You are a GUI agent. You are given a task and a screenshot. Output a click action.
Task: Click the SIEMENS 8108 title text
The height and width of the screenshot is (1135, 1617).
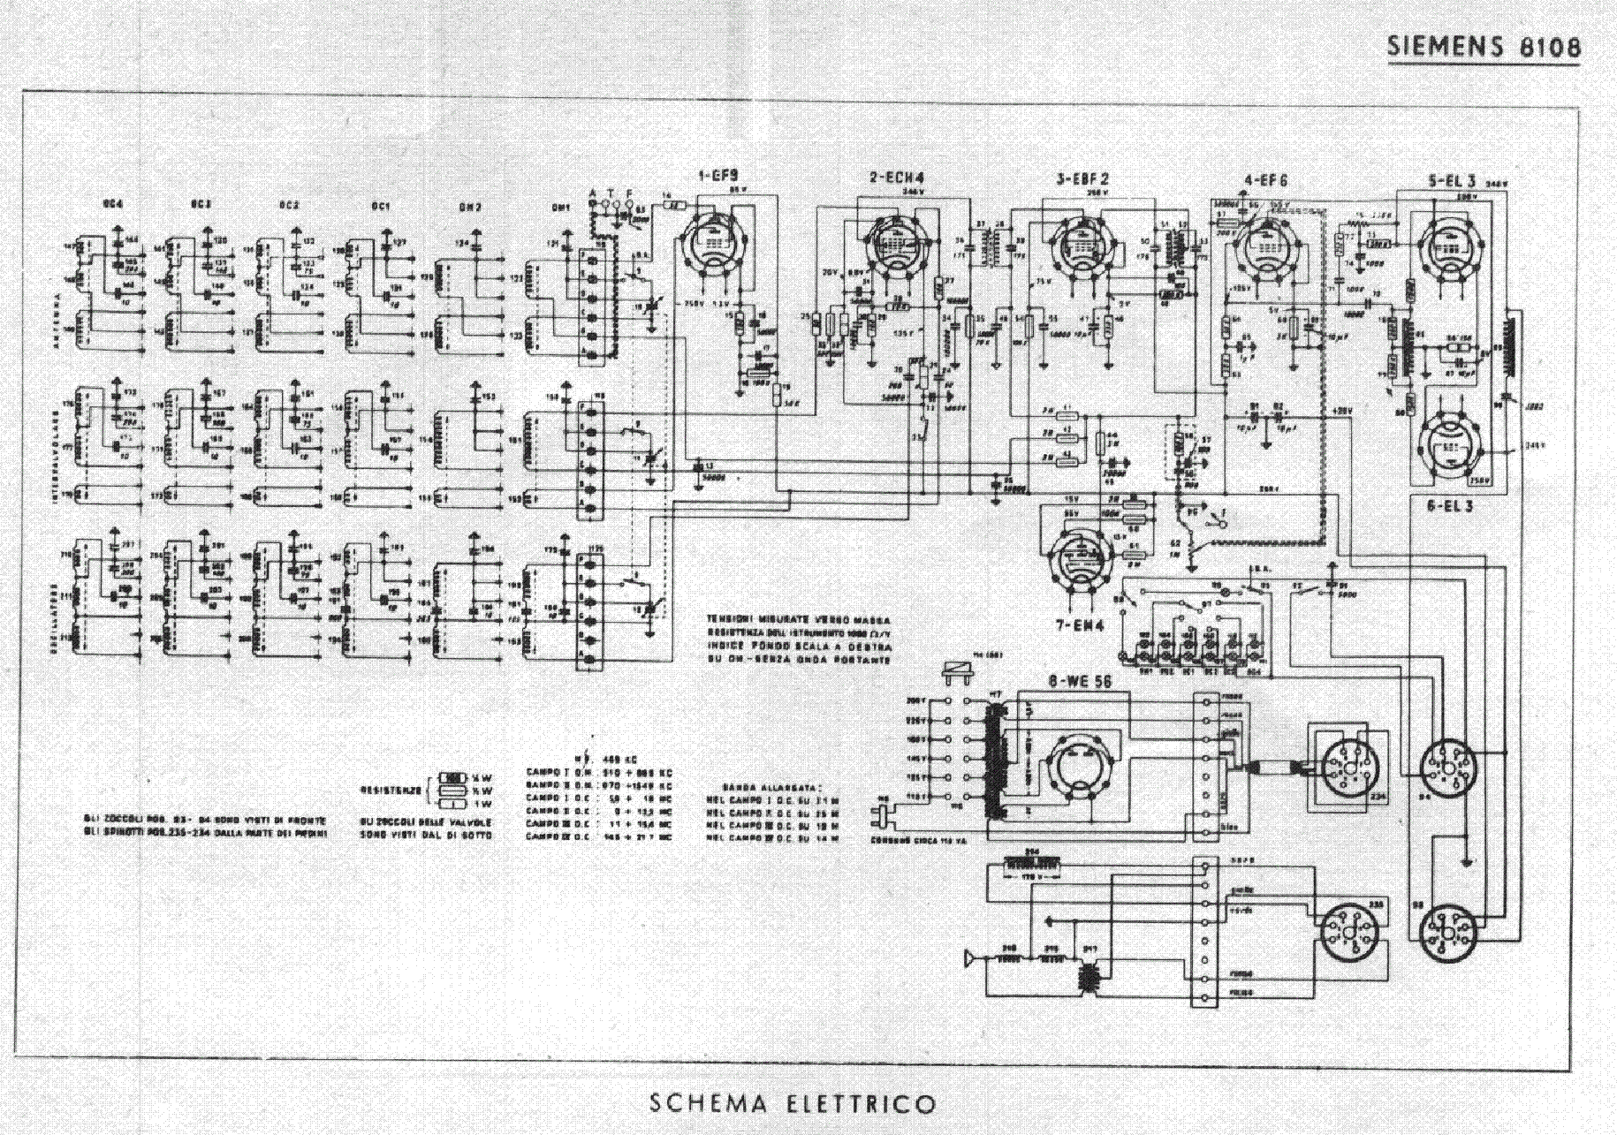point(1484,46)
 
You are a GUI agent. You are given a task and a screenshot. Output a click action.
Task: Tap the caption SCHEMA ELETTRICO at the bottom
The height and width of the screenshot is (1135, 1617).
point(792,1103)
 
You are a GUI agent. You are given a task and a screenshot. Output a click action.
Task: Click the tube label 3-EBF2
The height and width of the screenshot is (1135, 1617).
point(1082,178)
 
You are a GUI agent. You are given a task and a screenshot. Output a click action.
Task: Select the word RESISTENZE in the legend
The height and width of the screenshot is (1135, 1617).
point(391,789)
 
